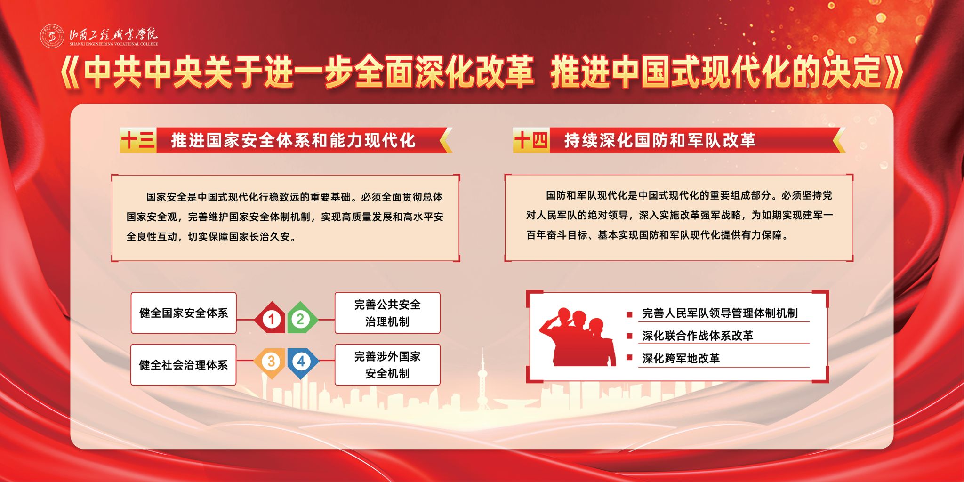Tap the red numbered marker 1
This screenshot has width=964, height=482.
(x=270, y=319)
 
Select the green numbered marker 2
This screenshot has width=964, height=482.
(x=302, y=319)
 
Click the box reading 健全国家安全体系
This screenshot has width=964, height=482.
(x=184, y=313)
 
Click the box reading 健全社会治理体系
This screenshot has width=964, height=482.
(x=184, y=365)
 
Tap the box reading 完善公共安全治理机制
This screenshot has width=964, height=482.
(x=387, y=313)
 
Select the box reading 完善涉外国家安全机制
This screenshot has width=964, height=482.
(x=387, y=365)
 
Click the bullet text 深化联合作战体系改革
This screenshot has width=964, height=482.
(x=698, y=336)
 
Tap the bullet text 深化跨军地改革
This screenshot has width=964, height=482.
(x=681, y=358)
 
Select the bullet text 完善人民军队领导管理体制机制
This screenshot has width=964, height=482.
(x=720, y=313)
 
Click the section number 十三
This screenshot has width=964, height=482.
(x=138, y=140)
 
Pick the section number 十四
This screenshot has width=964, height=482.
(x=531, y=140)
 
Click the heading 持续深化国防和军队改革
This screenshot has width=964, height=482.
(x=660, y=140)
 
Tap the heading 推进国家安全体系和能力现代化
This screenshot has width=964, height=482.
(x=293, y=140)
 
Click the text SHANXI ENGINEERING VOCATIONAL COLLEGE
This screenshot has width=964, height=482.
(x=114, y=44)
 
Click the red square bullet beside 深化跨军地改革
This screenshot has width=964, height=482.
(x=629, y=358)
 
